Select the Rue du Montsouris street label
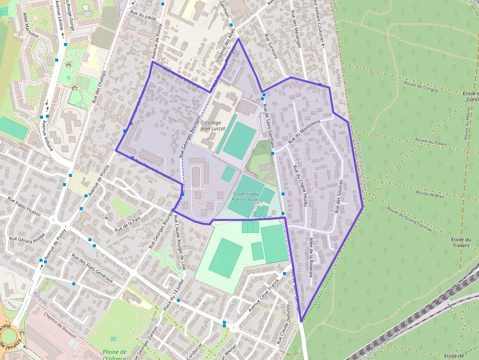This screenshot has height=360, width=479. (x=304, y=131)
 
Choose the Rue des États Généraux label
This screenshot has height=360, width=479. (x=92, y=268)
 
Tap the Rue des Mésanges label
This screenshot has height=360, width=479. (x=295, y=29)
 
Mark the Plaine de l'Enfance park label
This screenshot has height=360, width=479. (x=115, y=355)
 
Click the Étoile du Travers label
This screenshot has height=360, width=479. (x=461, y=242)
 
